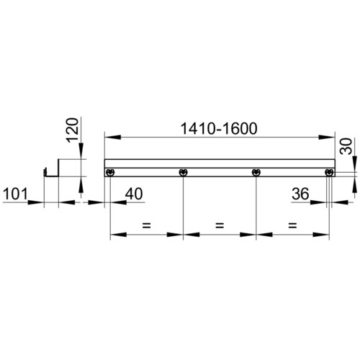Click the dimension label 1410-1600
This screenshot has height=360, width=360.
click(x=219, y=129)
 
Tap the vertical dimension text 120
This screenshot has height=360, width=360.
click(x=73, y=130)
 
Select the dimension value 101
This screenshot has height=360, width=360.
click(x=15, y=194)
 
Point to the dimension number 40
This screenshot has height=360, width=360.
click(x=134, y=194)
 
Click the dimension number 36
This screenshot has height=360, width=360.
click(x=300, y=194)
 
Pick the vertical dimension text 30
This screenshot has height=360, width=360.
click(x=346, y=146)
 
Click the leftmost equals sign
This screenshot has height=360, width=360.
click(x=146, y=225)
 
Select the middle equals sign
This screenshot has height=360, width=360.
click(x=220, y=225)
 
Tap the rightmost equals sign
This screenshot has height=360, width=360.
click(x=292, y=225)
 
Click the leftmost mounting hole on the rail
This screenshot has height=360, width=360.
click(x=110, y=172)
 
